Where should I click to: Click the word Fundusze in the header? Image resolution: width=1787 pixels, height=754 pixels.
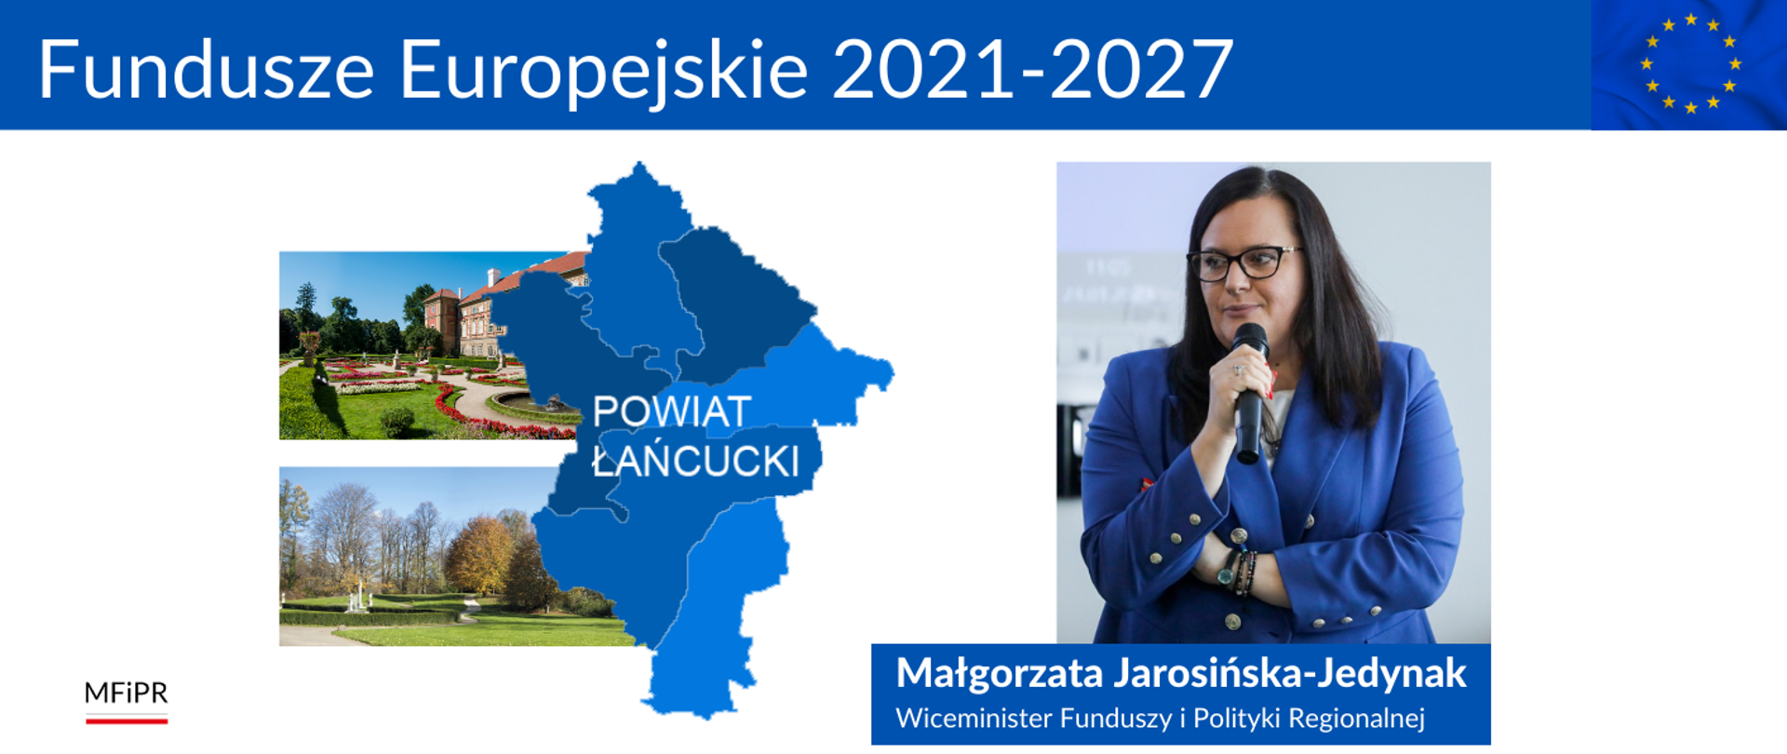[207, 69]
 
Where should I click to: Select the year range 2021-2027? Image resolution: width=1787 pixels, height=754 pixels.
[1033, 69]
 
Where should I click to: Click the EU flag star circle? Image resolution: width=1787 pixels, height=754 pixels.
[1690, 63]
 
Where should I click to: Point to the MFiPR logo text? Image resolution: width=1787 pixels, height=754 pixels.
[127, 693]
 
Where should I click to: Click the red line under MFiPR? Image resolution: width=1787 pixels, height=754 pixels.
[127, 720]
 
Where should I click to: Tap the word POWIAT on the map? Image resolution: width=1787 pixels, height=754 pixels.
[671, 411]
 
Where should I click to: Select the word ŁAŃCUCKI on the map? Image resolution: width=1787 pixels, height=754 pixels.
[696, 460]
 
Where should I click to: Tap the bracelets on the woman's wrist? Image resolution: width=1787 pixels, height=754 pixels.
[1238, 572]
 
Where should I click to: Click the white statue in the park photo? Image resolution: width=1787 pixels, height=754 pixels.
[356, 596]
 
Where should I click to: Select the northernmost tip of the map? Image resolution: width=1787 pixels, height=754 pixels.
[639, 162]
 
